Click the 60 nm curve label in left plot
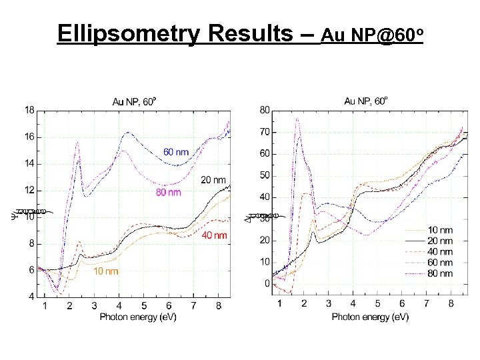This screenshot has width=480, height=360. [176, 152]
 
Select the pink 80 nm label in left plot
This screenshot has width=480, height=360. [168, 193]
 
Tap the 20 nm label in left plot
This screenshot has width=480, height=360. [213, 180]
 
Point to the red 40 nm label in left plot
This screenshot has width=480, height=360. [214, 235]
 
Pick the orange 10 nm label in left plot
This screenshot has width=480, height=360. [106, 271]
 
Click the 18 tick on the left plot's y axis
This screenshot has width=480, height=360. [30, 110]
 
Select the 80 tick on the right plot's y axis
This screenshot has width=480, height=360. [265, 110]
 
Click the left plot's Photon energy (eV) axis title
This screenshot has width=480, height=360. [138, 317]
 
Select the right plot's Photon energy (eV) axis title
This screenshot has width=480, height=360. [370, 317]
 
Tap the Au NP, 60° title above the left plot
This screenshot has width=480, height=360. [134, 101]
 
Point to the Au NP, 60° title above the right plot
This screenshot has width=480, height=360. [366, 101]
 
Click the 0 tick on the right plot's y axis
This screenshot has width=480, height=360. [267, 284]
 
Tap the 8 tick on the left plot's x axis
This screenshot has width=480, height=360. [218, 306]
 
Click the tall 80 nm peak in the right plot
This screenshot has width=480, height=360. [297, 120]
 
